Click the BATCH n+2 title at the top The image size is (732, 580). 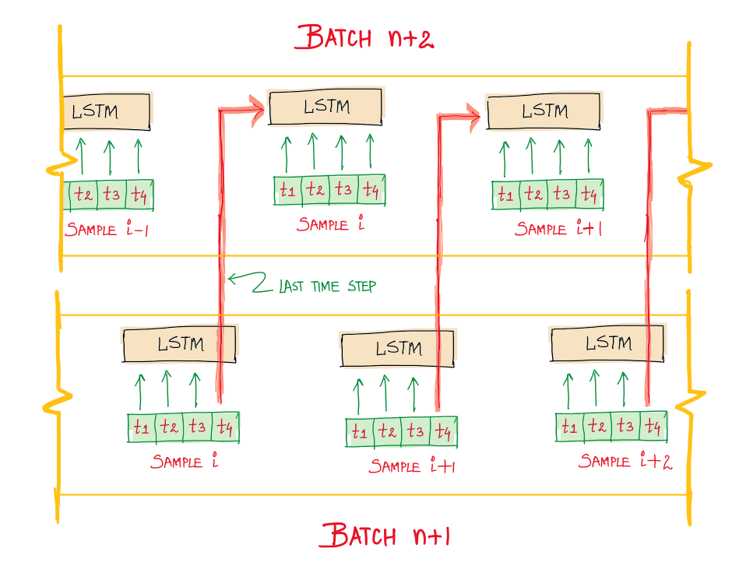(364, 37)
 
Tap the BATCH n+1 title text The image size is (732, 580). (386, 536)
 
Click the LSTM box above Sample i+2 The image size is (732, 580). (608, 343)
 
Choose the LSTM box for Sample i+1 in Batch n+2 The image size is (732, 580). (544, 111)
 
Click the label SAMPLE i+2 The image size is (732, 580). (625, 462)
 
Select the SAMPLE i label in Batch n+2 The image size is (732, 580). (331, 224)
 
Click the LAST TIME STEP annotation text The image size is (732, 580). (327, 286)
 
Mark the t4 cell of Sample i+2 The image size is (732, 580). (653, 427)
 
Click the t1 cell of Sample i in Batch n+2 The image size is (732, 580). (288, 190)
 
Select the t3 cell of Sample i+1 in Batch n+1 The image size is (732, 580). (414, 431)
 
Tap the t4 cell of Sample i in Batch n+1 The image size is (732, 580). (224, 427)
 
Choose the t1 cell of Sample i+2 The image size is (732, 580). (569, 427)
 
